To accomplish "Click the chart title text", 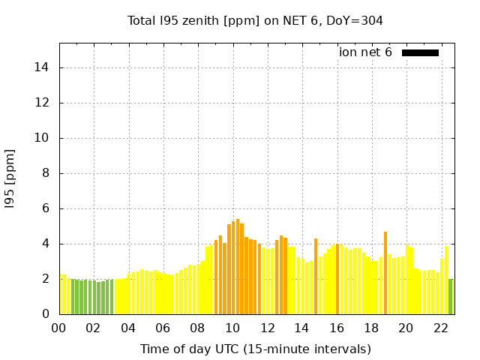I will point(255,21).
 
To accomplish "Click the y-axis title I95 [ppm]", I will point(10,178).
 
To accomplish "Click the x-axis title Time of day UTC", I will point(255,349).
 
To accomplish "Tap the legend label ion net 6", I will point(365,52).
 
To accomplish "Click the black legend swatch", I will point(420,52).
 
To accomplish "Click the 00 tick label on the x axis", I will point(58,328).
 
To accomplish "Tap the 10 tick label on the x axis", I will point(232,328).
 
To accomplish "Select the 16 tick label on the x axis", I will point(337,328).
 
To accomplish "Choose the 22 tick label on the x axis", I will point(441,328).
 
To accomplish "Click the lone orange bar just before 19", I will point(385,273).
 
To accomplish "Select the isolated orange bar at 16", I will point(337,279).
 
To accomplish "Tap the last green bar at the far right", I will point(451,296).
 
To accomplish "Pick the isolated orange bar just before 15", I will point(316,276).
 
